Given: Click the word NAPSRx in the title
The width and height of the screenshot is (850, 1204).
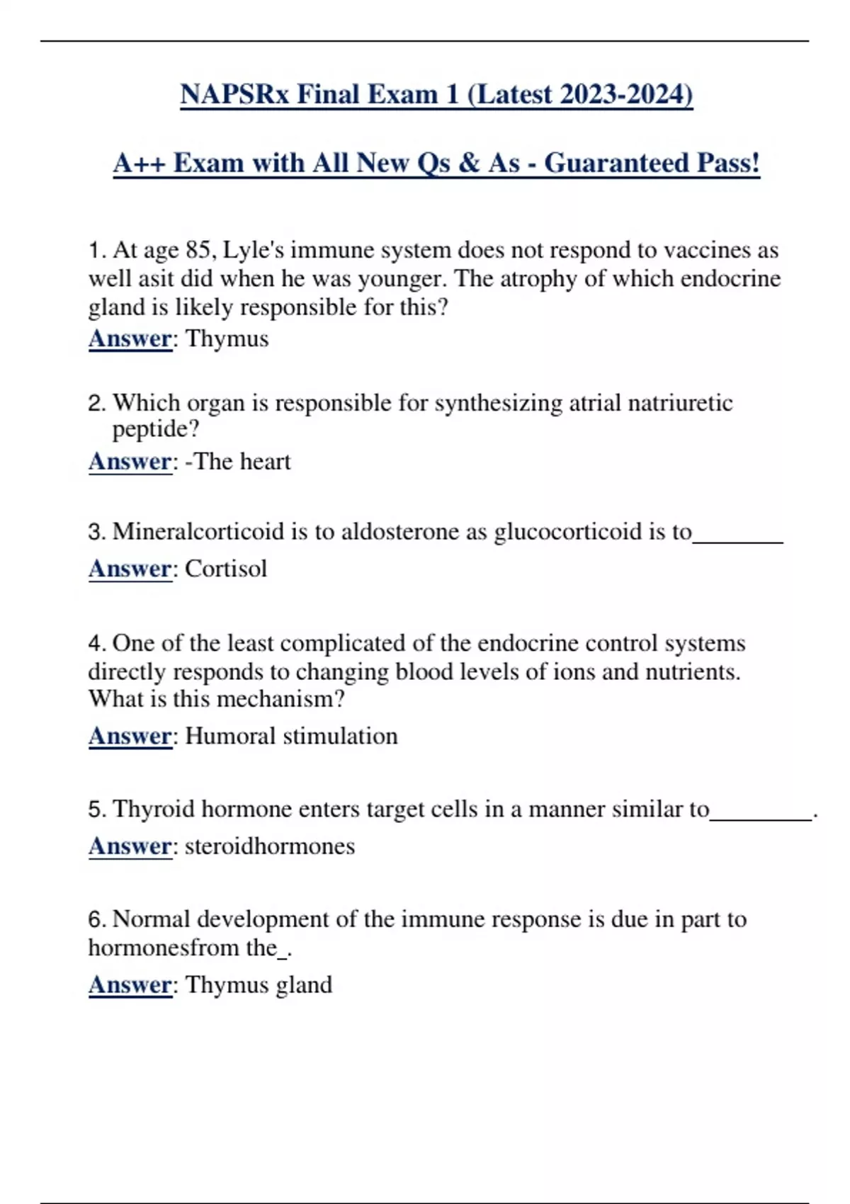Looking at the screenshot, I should click(234, 94).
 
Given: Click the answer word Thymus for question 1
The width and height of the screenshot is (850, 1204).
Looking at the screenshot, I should click(227, 339).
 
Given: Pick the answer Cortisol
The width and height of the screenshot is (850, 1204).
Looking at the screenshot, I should click(226, 569).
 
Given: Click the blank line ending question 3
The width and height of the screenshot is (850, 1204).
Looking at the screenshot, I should click(737, 540).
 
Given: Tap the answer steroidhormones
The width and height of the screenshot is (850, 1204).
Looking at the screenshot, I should click(270, 846).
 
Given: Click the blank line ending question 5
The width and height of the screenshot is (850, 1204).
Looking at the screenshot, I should click(761, 818).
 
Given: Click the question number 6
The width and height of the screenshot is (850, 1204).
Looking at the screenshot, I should click(96, 919).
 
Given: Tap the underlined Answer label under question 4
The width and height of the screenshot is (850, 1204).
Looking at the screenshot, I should click(130, 736).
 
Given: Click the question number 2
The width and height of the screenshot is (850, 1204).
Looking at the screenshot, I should click(96, 403).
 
